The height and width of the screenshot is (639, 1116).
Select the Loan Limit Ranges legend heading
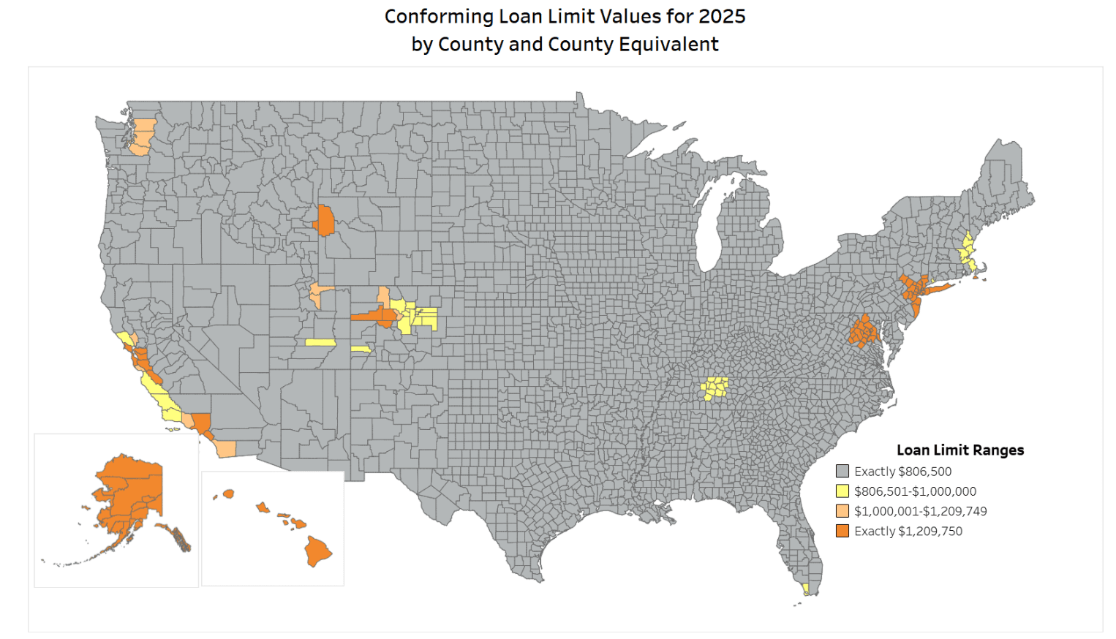pos(959,450)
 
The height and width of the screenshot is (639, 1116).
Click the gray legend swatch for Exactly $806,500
pos(842,472)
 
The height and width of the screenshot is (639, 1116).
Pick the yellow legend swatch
pos(842,491)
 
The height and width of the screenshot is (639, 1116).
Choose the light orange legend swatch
pos(842,511)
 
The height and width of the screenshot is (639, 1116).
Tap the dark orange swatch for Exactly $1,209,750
pos(842,531)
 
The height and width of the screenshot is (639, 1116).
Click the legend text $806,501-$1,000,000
pos(915,491)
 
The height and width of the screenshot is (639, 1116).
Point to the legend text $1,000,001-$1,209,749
pos(920,511)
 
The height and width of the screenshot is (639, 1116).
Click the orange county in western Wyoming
pos(325,221)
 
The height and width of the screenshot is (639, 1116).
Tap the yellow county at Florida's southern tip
pos(805,588)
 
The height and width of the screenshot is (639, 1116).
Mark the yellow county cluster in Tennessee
pos(715,387)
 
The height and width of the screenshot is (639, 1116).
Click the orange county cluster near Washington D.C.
pos(864,331)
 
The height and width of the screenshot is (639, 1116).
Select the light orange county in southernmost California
pos(226,449)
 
